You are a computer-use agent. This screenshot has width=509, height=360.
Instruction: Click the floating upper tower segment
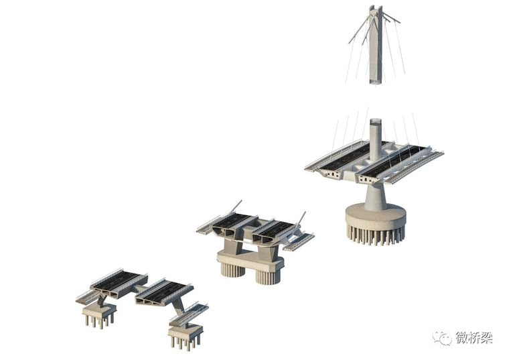tap(376, 46)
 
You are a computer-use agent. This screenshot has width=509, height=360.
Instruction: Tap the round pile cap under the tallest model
tap(376, 217)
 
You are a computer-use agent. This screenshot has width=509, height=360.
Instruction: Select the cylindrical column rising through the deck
tap(376, 139)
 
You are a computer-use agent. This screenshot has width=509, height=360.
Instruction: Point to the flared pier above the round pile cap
tap(376, 196)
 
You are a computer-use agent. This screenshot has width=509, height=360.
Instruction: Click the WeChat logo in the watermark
tap(442, 338)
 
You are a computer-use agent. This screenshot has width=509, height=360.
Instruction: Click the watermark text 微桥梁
tap(474, 338)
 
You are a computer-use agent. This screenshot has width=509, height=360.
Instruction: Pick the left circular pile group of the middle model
tap(232, 269)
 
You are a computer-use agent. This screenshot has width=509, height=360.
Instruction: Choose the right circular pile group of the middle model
tap(268, 277)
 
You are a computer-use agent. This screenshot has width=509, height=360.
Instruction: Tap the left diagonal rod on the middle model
tap(236, 206)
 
